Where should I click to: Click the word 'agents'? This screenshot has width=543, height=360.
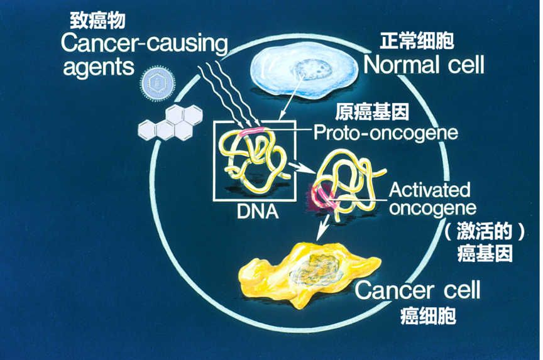pyautogui.click(x=99, y=67)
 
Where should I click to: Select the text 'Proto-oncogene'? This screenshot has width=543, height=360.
pyautogui.click(x=385, y=133)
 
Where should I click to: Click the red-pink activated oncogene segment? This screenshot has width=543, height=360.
pyautogui.click(x=321, y=197)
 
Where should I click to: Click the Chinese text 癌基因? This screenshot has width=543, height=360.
pyautogui.click(x=485, y=253)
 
